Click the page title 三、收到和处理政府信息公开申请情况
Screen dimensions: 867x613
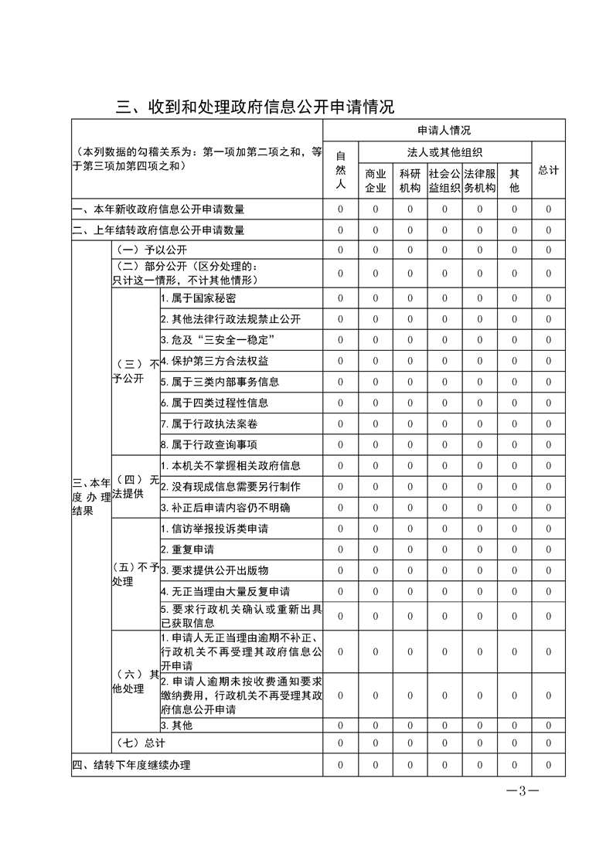tap(255, 107)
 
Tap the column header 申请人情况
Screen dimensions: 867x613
tap(444, 130)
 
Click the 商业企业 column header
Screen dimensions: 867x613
tap(375, 181)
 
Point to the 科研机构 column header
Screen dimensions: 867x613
tap(410, 181)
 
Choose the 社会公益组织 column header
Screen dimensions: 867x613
tap(444, 181)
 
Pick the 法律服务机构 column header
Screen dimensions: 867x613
tap(479, 181)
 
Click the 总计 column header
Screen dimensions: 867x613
tap(548, 170)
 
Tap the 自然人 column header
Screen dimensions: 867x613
tap(341, 170)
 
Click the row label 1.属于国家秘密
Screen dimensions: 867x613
tap(198, 298)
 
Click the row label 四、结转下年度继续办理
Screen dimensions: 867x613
tap(131, 766)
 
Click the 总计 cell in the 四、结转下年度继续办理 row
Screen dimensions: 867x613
tap(548, 766)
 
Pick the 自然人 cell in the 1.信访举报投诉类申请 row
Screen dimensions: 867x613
tap(341, 529)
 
